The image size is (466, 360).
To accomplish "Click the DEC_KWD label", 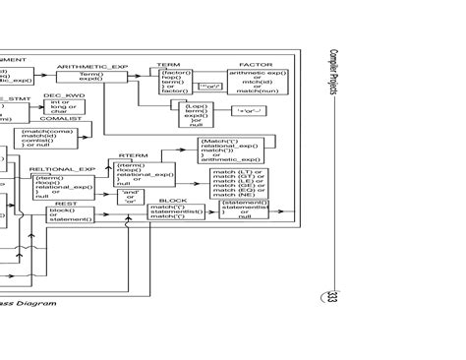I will tap(58, 95).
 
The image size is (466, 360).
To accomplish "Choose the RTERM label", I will tap(133, 154).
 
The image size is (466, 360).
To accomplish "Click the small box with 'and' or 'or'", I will tap(130, 196).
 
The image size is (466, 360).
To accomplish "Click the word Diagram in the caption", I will tap(38, 304).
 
